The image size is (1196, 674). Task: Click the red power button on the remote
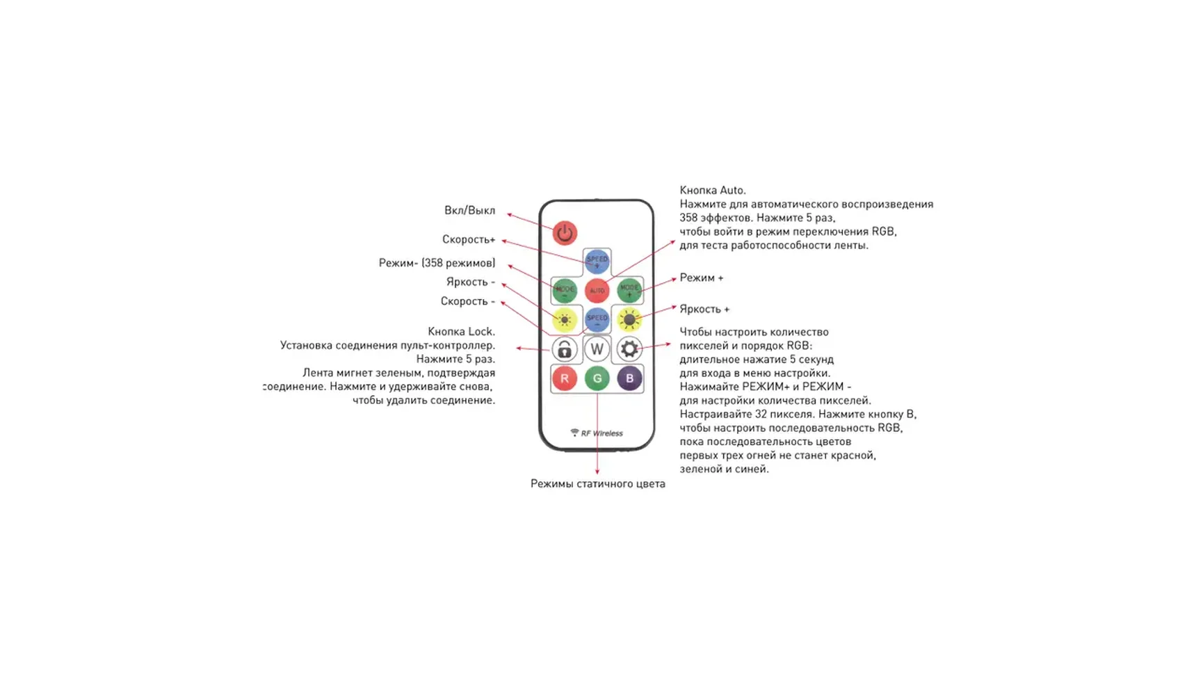point(565,233)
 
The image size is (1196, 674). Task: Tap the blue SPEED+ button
point(597,262)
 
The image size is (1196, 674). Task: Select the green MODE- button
point(564,290)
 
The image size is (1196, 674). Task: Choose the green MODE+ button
point(629,290)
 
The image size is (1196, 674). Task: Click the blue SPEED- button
point(597,319)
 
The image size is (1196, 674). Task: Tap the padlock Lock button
point(564,349)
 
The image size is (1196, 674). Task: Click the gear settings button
point(629,349)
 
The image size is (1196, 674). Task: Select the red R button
point(564,378)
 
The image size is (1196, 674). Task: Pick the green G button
point(597,378)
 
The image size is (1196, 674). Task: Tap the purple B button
point(629,378)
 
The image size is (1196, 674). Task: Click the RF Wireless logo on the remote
point(597,433)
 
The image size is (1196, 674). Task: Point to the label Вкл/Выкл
point(469,210)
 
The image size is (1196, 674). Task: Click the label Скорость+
point(469,239)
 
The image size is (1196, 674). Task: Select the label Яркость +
point(704,309)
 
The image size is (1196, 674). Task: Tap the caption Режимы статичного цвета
point(597,483)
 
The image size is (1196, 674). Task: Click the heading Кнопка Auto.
point(713,190)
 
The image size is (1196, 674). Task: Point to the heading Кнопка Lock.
point(461,331)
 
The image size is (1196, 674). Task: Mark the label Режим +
point(701,278)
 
